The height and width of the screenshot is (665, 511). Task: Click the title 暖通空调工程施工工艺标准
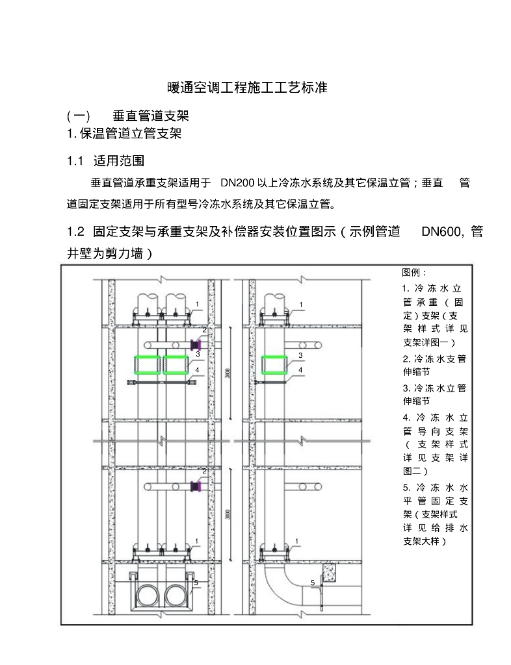(246, 88)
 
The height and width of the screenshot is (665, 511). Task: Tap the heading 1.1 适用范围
(107, 160)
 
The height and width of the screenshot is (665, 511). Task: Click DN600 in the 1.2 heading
(442, 232)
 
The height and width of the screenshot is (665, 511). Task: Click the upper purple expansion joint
(196, 344)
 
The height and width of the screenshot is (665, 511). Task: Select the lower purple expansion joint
(195, 486)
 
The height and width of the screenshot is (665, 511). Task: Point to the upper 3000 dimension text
(226, 375)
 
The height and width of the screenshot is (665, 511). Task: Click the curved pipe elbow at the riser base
(280, 584)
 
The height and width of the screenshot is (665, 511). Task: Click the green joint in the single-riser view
(276, 366)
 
